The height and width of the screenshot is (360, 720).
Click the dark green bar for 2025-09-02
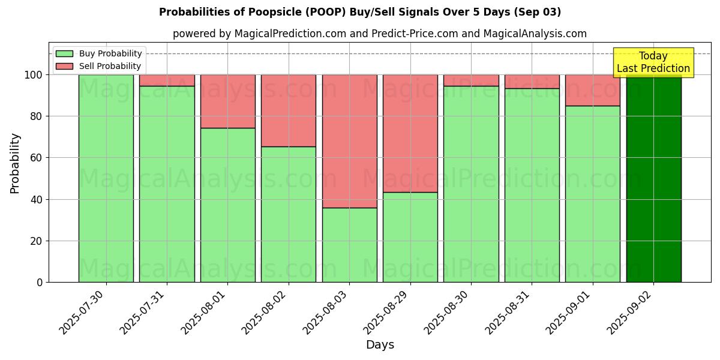653,180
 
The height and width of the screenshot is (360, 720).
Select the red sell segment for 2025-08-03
349,141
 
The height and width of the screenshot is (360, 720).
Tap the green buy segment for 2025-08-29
410,237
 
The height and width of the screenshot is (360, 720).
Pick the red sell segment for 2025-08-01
227,101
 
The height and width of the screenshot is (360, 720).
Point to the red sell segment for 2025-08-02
289,110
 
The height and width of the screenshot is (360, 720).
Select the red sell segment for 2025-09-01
593,90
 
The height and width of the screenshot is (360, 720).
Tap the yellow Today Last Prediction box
653,62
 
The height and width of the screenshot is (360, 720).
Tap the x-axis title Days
380,345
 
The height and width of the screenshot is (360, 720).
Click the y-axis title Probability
15,163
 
